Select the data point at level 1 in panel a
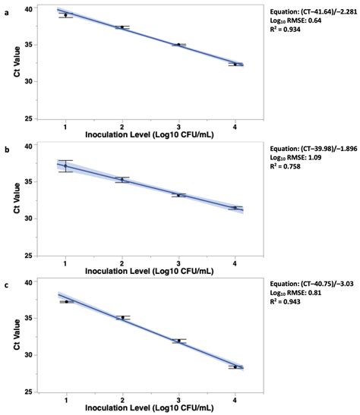pos(66,14)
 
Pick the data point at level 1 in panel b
pos(66,165)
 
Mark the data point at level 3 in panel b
pos(178,195)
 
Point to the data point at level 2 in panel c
pos(122,317)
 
